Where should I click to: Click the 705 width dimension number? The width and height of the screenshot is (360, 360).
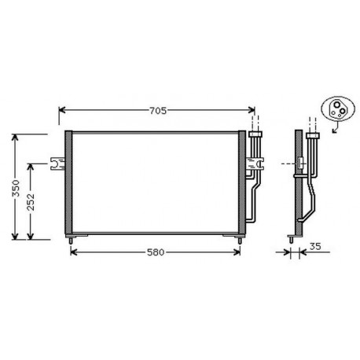coord(158,111)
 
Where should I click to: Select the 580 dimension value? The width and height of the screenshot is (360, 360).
coord(155,252)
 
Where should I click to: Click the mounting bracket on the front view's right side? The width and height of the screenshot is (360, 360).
coord(256,163)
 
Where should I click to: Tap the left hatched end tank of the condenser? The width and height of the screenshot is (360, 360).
coord(68,183)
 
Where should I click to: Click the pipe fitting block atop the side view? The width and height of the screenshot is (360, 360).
coord(313,139)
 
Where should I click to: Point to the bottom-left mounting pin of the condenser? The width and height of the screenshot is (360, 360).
coord(72,237)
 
